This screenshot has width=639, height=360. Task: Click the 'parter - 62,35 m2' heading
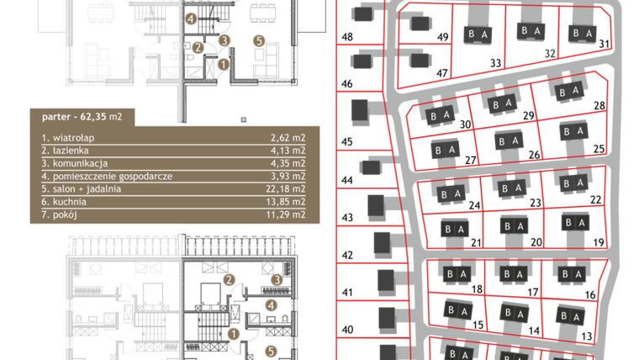click(82, 117)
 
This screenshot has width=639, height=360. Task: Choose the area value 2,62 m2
click(286, 135)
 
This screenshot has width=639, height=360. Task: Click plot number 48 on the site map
click(347, 36)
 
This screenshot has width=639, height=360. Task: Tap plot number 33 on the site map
click(495, 62)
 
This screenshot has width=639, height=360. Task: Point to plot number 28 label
click(599, 106)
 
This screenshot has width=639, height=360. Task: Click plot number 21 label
click(476, 242)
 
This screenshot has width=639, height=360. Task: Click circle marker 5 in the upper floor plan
click(258, 40)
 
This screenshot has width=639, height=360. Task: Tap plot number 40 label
click(347, 330)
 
